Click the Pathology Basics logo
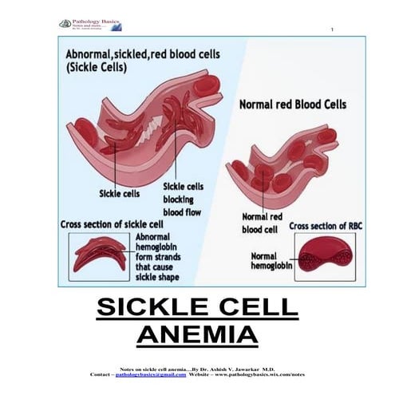point(89,25)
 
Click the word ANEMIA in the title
point(197,333)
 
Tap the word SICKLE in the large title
point(152,306)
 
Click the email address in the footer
point(156,373)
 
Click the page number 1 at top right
point(330,30)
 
